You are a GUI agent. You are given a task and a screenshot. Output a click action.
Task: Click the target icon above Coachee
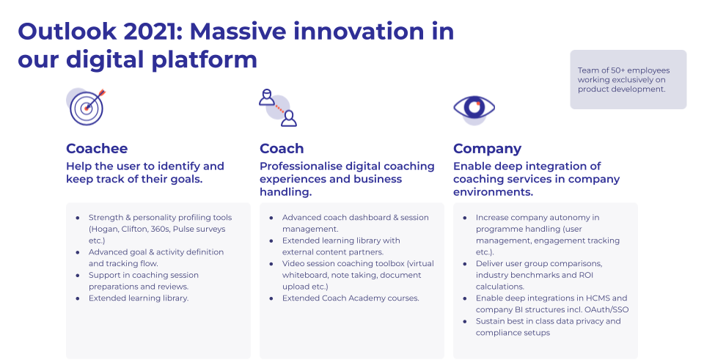[x=87, y=107]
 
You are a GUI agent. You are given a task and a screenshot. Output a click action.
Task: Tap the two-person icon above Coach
[x=278, y=108]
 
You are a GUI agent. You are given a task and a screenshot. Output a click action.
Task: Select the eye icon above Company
[x=474, y=109]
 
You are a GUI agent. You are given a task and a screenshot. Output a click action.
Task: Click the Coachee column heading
[x=97, y=149]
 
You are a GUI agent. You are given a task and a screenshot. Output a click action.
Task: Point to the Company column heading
[x=487, y=149]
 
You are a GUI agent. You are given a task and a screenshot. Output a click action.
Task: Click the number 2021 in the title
[x=153, y=32]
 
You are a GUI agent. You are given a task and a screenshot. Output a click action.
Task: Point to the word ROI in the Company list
[x=585, y=275]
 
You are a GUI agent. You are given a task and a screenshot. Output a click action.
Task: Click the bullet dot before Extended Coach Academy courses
[x=271, y=298]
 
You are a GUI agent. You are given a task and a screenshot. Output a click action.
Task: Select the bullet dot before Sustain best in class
[x=465, y=322]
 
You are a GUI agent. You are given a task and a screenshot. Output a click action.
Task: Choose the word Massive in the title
[x=238, y=32]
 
